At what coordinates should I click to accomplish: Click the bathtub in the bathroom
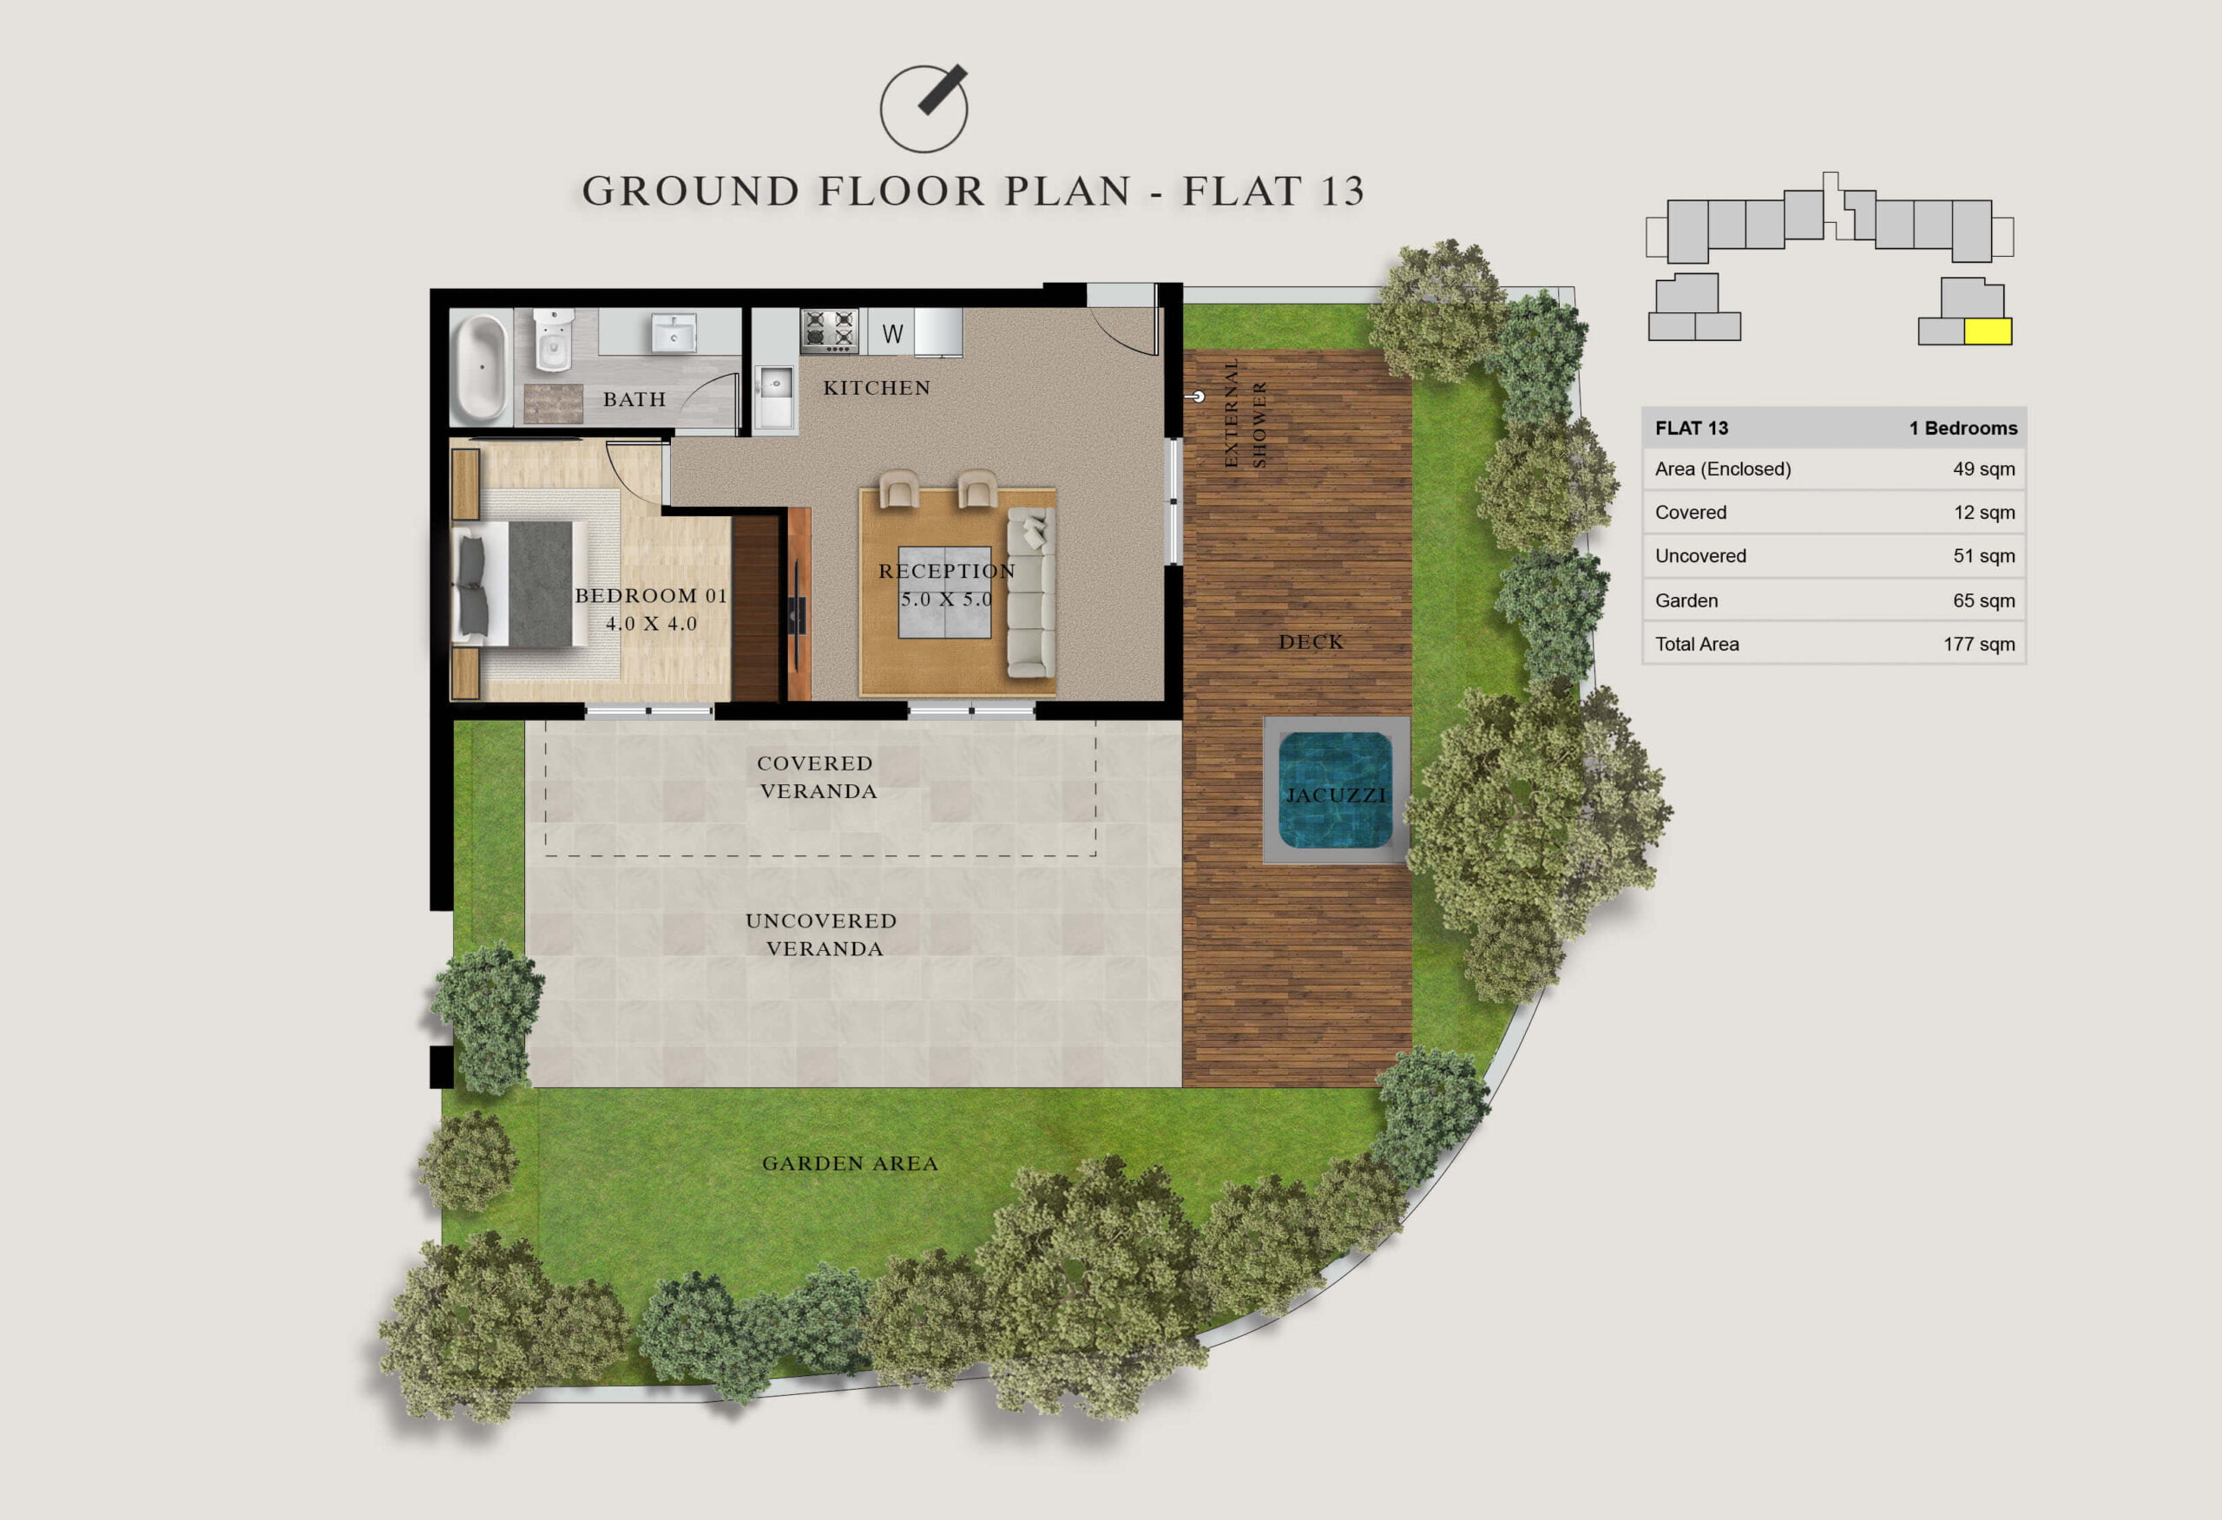[480, 368]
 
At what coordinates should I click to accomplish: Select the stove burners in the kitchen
[829, 330]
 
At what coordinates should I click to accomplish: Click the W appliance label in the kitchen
[892, 334]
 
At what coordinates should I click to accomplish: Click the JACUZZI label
[1336, 796]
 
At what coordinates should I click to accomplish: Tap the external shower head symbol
[1197, 396]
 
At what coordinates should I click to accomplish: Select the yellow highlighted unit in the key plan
[1988, 331]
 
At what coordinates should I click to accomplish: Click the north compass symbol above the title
[924, 108]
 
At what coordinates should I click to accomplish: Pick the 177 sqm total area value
[1979, 645]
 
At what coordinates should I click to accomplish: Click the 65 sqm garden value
[1984, 600]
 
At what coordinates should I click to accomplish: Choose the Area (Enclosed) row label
[1723, 469]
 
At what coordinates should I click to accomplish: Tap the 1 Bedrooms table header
[1962, 429]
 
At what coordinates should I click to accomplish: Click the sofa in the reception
[1030, 593]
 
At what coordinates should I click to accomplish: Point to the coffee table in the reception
[944, 592]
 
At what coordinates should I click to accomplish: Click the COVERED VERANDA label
[817, 777]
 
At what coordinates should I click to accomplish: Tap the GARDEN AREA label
[850, 1163]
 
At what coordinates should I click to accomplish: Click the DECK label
[1311, 642]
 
